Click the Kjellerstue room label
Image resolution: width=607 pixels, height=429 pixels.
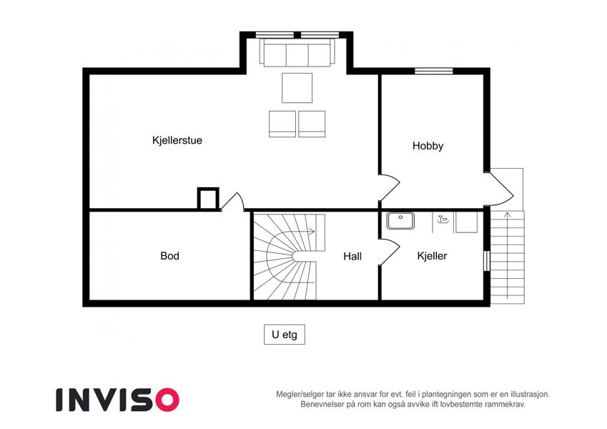click(177, 140)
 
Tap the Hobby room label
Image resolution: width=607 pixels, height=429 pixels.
click(428, 146)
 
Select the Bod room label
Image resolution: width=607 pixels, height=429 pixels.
click(169, 256)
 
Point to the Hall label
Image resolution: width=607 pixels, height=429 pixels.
click(352, 256)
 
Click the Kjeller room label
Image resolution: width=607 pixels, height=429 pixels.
click(432, 256)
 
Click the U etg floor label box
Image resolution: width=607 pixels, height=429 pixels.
click(285, 335)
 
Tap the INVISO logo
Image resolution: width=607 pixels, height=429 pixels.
click(118, 400)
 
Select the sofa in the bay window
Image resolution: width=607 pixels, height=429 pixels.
click(297, 53)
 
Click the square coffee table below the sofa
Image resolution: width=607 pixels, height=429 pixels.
click(297, 88)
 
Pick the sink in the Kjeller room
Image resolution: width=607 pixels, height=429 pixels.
click(400, 221)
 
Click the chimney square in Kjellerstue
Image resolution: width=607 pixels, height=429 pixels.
click(208, 199)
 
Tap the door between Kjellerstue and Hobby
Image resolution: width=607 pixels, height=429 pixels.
click(389, 188)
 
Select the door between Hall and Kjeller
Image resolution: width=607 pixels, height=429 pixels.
click(389, 252)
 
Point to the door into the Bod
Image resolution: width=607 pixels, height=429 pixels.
click(232, 202)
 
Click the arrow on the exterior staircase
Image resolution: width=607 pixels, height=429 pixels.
click(508, 255)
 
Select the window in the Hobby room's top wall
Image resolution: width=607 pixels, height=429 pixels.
click(433, 71)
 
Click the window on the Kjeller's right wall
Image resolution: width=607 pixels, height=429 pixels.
click(487, 261)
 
